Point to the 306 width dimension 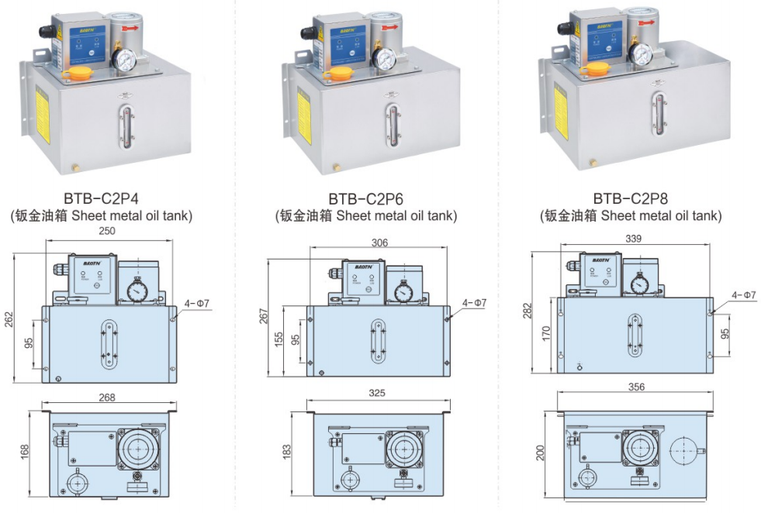coord(379,243)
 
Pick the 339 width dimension coord(633,239)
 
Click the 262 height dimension coord(9,319)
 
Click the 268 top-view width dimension coord(107,398)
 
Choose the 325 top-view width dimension coord(377,394)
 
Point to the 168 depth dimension coord(25,450)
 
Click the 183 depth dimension coord(287,450)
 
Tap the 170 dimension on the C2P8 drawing coord(546,333)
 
